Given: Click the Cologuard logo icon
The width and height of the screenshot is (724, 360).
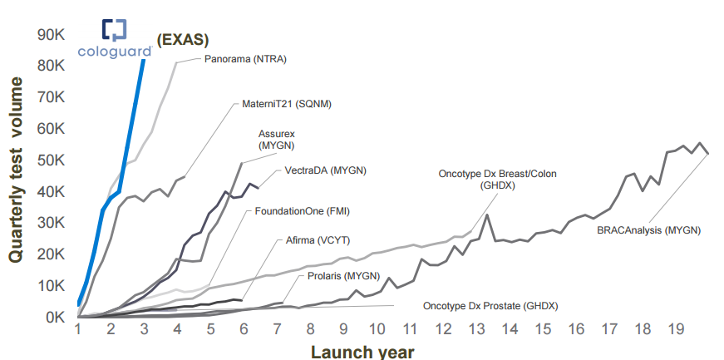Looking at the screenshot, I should [114, 30].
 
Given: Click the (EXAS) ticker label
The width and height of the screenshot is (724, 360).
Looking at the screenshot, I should [183, 38].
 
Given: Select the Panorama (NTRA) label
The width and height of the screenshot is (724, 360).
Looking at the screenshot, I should [245, 59].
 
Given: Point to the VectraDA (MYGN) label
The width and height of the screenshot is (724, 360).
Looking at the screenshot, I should [326, 170].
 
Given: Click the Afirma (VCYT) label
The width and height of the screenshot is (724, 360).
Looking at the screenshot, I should [317, 241].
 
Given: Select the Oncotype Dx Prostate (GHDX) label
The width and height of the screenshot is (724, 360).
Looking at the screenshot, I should [490, 306].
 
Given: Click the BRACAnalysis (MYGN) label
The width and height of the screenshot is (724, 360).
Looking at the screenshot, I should [649, 229].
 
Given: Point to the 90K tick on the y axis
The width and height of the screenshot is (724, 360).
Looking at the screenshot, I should [52, 35].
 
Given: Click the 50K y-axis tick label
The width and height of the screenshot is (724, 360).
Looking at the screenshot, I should [52, 160].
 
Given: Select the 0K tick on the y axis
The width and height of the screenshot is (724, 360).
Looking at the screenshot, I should [55, 317].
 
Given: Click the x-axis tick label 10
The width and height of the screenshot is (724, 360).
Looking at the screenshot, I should [377, 329].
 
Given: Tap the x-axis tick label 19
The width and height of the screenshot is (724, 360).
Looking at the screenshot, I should [676, 329].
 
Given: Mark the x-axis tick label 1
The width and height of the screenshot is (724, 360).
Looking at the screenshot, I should [78, 329].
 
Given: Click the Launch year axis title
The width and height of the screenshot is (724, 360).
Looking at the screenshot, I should [362, 351].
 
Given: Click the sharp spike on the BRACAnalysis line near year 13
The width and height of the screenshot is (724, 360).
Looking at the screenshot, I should [486, 215].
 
